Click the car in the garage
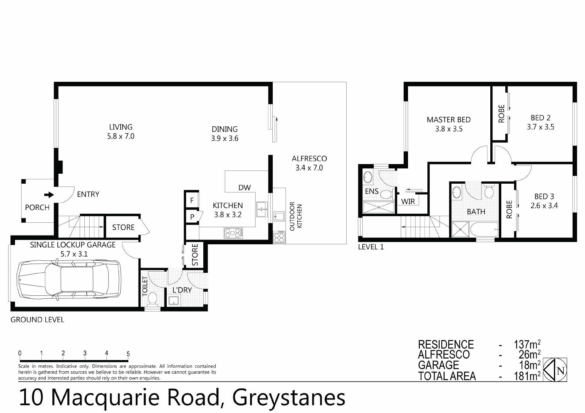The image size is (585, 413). [69, 279]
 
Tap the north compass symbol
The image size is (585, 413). [555, 370]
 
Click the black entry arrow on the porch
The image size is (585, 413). [49, 195]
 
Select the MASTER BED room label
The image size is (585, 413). [449, 120]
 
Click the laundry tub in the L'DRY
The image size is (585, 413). [174, 300]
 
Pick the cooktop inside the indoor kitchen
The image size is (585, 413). [234, 233]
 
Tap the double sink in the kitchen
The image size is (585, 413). [262, 209]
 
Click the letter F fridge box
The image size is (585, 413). [192, 200]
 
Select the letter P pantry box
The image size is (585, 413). [192, 217]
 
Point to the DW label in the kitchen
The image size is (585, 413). [245, 188]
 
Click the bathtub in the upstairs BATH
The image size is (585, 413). [484, 229]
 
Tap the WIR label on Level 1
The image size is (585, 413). [408, 202]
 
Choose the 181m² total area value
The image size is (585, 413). [527, 376]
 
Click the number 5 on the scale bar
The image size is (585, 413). [128, 354]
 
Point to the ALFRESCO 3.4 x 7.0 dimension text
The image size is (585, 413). [309, 168]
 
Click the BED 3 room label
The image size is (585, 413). [544, 196]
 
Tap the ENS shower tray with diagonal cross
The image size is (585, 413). [379, 207]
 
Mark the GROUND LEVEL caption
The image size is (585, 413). [37, 320]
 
